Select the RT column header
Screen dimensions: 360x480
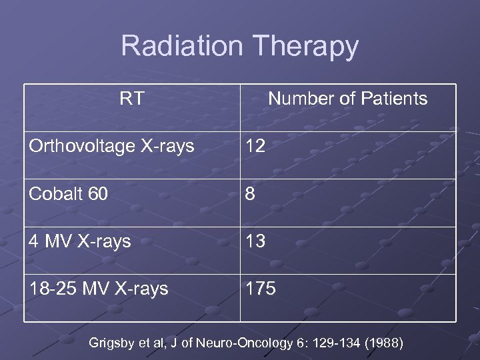point(131,99)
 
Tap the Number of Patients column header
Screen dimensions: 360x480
point(347,99)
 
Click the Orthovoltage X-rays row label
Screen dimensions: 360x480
point(111,146)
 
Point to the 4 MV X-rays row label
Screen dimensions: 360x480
point(80,241)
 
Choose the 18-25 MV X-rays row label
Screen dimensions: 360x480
point(98,289)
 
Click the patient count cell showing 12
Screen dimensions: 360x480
point(255,146)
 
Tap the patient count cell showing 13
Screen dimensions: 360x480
point(255,241)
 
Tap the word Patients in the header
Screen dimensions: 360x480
point(394,99)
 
